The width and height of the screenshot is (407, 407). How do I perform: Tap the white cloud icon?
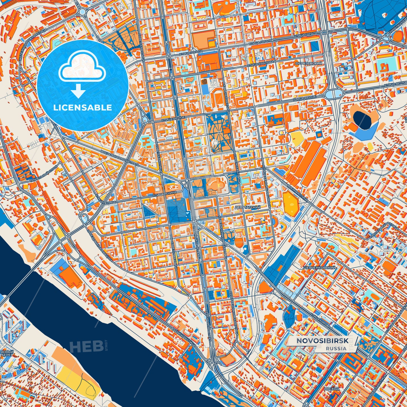[x=82, y=68]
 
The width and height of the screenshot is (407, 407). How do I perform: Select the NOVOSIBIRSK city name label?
[x=322, y=341]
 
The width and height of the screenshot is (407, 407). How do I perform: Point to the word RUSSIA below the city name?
[x=336, y=348]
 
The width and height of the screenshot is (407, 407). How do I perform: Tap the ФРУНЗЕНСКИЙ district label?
[x=309, y=64]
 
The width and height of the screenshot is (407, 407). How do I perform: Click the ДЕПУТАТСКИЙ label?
[x=247, y=207]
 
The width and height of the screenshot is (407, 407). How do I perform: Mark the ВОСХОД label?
[x=332, y=389]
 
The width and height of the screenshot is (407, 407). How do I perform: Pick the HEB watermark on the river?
[x=86, y=346]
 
